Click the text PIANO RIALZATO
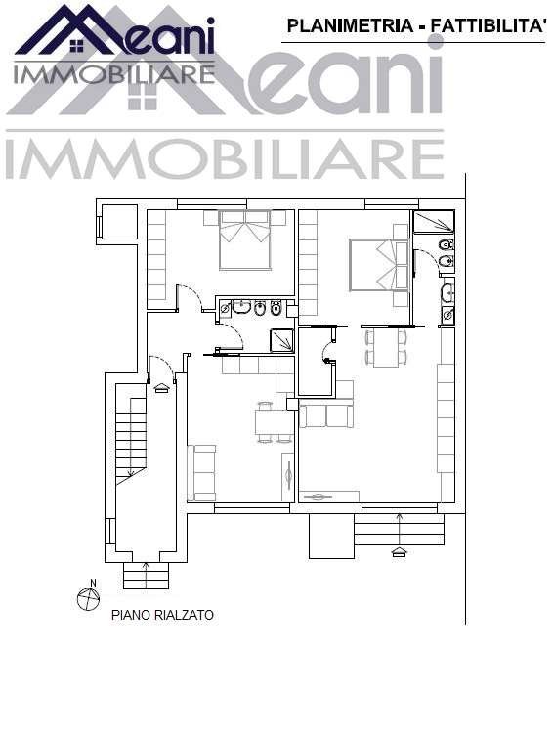(162, 616)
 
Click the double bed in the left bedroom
(244, 240)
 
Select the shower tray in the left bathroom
(281, 340)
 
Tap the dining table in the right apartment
(386, 347)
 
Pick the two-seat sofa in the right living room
(326, 415)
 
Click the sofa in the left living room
(204, 471)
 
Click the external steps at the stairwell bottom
(147, 577)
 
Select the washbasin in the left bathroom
(240, 308)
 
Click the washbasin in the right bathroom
(447, 292)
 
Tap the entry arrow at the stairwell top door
(162, 387)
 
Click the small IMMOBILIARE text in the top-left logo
(113, 72)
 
